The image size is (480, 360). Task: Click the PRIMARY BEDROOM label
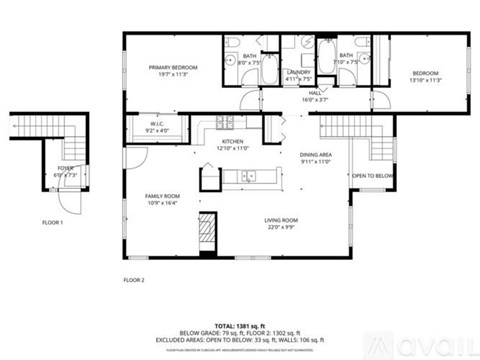173,68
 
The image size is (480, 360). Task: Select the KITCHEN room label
232,142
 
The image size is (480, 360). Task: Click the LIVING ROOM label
281,223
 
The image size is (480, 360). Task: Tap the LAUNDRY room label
297,73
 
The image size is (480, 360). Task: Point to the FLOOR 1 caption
52,221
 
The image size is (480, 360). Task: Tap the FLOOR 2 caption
134,279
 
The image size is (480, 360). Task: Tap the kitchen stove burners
224,123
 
